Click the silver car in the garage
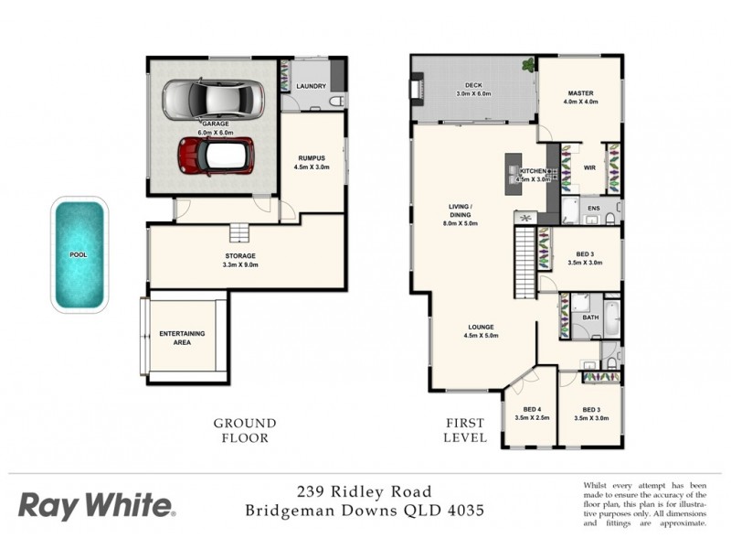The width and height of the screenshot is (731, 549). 213,99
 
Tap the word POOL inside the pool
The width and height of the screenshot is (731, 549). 79,255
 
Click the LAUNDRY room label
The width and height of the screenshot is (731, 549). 312,87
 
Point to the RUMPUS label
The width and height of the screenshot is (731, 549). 311,158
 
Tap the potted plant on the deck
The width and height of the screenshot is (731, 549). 528,65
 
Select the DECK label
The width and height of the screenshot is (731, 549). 473,84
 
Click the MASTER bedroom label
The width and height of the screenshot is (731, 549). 582,93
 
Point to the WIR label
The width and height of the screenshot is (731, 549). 589,167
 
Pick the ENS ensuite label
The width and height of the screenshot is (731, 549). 593,210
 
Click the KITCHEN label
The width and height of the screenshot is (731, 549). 533,171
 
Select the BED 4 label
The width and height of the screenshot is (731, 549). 532,409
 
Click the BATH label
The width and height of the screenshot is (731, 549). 589,318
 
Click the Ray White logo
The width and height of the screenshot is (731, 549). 96,504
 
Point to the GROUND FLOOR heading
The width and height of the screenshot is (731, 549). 244,430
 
